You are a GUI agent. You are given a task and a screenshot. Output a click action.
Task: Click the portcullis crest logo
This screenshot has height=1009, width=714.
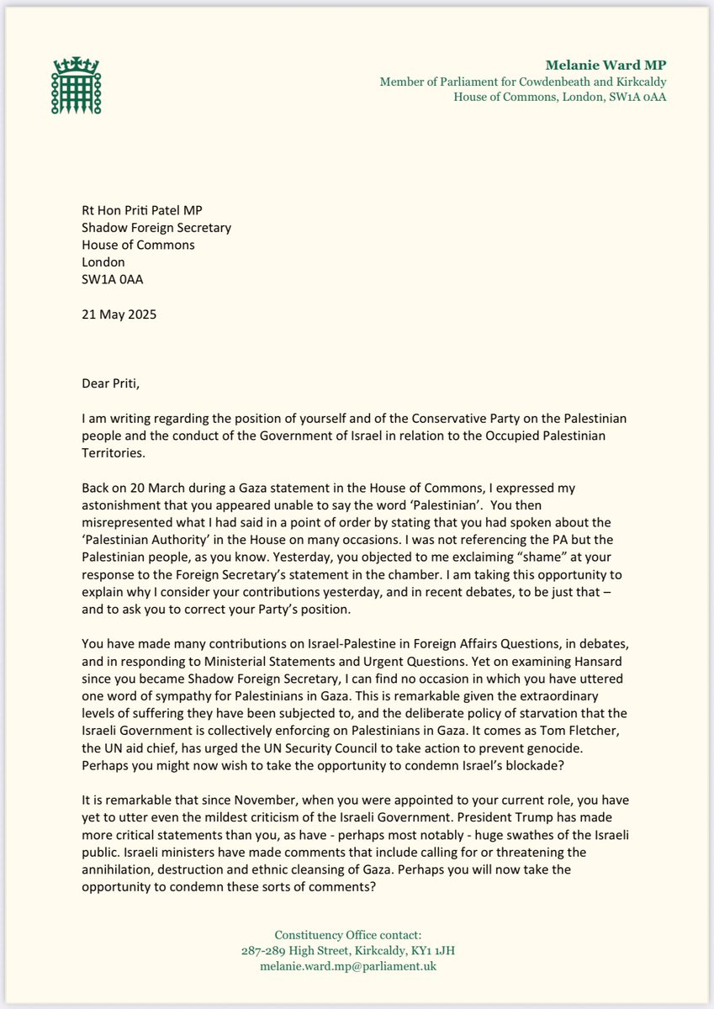[x=75, y=87]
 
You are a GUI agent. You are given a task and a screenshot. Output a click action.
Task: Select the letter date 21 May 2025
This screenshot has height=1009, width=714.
[x=124, y=315]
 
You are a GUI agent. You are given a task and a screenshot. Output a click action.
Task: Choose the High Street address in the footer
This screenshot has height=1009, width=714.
[x=357, y=950]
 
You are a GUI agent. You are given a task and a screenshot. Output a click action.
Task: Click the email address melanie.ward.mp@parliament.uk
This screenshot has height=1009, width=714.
[x=357, y=966]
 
